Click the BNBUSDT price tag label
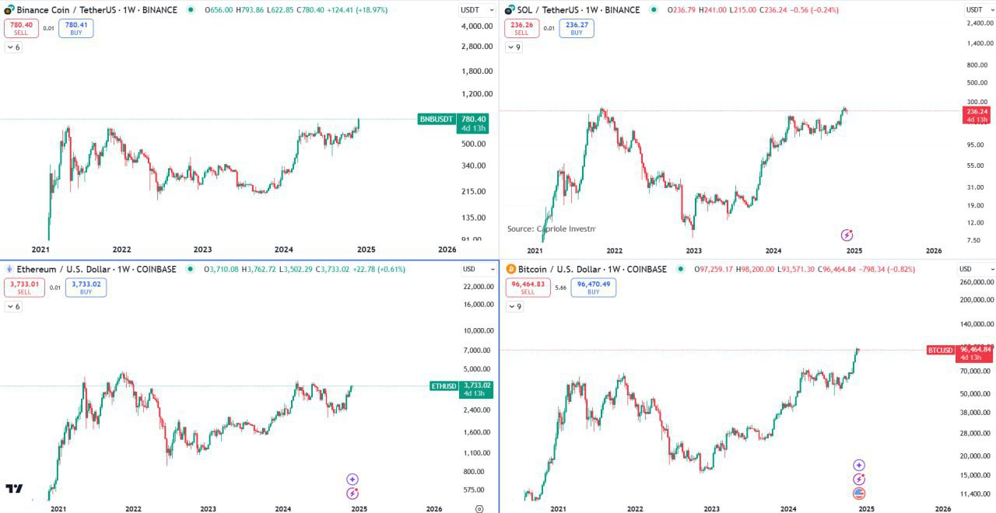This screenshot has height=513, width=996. pos(436,119)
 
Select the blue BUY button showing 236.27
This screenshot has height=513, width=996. pos(577,29)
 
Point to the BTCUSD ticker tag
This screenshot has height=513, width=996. pos(940,350)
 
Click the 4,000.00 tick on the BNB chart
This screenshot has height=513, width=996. pos(477,26)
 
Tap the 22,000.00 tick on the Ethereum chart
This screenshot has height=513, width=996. pos(477,287)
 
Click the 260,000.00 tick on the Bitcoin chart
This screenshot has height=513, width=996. pos(976,282)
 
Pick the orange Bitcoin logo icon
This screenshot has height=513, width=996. pos(511,269)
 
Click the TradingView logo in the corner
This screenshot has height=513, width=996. pos(14,489)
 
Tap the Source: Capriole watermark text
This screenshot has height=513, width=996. pos(551,229)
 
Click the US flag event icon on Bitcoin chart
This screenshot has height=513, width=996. pos(859,493)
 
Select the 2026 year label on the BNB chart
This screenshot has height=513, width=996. pos(447,250)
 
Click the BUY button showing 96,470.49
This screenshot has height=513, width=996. pos(594,288)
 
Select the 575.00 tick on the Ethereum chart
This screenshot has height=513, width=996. pos(474,490)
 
